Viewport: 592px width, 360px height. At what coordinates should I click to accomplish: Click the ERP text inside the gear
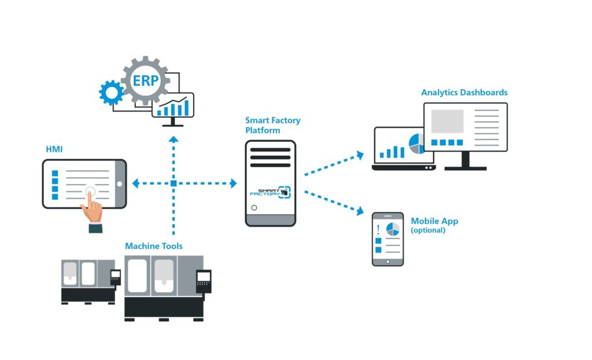click(145, 81)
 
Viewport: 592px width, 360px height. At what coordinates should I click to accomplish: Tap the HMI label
click(54, 150)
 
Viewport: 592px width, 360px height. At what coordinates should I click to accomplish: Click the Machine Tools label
click(154, 246)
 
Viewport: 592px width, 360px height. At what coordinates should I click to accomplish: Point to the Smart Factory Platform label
click(272, 125)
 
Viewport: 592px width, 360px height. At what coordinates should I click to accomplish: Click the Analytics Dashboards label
click(464, 92)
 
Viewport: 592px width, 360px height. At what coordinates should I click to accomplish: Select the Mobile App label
click(434, 221)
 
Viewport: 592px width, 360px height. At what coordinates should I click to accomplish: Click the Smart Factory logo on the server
click(271, 192)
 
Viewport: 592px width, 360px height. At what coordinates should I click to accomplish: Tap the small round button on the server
click(254, 207)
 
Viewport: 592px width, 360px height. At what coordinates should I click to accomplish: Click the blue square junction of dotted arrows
click(173, 184)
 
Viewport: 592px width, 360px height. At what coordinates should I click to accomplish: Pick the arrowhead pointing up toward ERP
click(173, 139)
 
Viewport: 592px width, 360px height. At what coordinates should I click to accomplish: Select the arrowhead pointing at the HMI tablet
click(135, 184)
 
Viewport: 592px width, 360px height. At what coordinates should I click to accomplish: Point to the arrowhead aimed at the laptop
click(360, 154)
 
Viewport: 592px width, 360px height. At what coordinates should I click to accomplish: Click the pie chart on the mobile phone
click(393, 228)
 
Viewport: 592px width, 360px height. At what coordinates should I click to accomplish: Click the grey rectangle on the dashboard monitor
click(447, 121)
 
